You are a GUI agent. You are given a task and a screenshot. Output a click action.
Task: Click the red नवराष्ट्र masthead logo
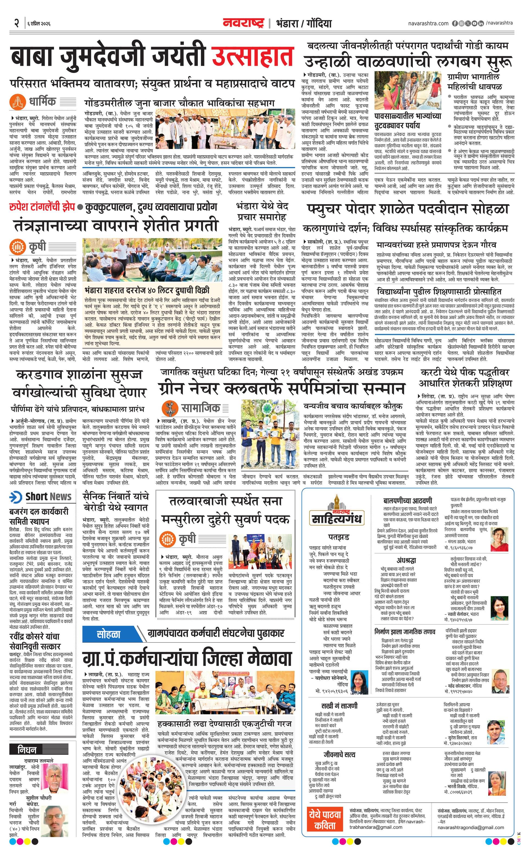[244, 23]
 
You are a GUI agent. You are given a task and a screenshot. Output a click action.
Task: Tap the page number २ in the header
[16, 23]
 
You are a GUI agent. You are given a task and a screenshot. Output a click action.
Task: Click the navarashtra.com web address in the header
[428, 23]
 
